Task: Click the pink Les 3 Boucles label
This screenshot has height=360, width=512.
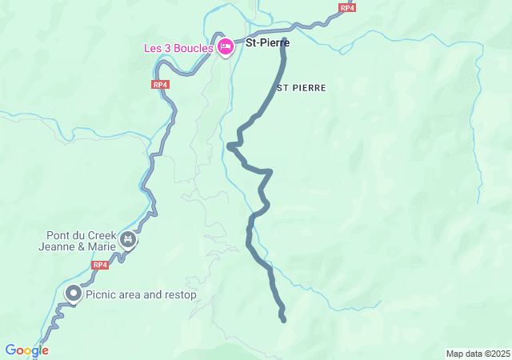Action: [x=178, y=48]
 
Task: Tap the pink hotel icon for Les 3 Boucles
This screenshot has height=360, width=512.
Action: [x=226, y=47]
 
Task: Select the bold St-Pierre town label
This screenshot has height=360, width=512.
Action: [x=266, y=43]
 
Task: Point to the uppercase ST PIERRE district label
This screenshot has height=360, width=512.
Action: [x=301, y=88]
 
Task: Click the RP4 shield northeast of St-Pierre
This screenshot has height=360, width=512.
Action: [x=346, y=8]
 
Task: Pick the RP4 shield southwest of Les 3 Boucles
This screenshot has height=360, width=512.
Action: [x=160, y=84]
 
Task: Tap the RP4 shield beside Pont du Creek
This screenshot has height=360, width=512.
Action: [x=99, y=265]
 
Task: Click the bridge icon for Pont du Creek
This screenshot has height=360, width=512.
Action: [x=127, y=239]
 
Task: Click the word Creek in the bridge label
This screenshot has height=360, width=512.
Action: [x=101, y=235]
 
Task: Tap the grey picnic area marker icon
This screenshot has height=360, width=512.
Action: [x=73, y=294]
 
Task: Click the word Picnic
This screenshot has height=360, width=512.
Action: [x=103, y=295]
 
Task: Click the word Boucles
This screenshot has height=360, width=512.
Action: [x=195, y=48]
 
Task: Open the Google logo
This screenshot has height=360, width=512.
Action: [x=26, y=350]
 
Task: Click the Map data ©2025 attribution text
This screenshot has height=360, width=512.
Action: [x=478, y=354]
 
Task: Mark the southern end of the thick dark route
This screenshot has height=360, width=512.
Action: [x=284, y=320]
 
